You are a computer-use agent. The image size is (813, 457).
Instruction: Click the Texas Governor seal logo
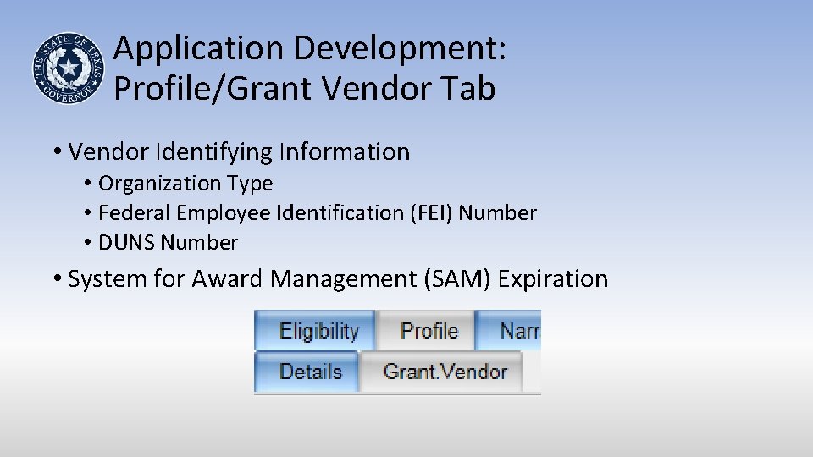coord(68,69)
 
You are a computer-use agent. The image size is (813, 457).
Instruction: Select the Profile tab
coord(429,331)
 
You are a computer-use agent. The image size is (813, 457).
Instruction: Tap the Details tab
coord(310,372)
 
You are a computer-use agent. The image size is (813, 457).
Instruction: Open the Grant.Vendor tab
coord(445,372)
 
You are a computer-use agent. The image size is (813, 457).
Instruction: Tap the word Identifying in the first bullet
coord(218,152)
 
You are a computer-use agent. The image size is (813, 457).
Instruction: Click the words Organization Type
coord(185,184)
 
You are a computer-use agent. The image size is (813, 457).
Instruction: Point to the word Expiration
coord(553,278)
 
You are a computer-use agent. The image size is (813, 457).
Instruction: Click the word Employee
coord(226,213)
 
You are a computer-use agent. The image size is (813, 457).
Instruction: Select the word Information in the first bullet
coord(349,152)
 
